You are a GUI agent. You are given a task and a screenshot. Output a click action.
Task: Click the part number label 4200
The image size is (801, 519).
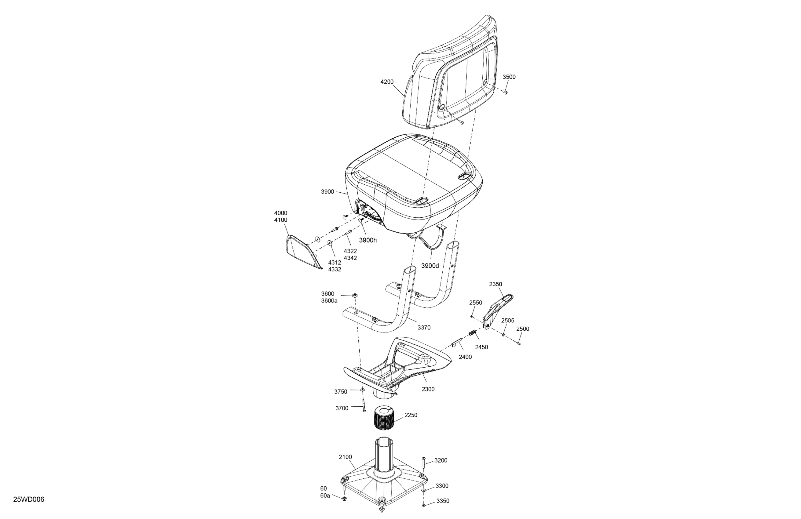(x=387, y=82)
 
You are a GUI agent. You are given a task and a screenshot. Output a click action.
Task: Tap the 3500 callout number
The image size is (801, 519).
(x=509, y=77)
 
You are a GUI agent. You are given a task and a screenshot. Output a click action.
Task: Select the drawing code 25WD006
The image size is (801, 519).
(x=29, y=499)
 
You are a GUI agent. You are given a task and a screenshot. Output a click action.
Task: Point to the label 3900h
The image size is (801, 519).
(x=368, y=240)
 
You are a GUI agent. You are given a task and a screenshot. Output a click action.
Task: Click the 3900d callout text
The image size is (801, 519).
(x=430, y=266)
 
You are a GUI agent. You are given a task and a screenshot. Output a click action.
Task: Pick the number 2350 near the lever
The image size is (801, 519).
(x=496, y=284)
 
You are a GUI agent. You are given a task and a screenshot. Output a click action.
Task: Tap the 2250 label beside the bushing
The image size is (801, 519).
(x=411, y=415)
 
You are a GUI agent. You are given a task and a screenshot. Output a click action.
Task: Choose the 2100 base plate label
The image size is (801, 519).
(x=345, y=457)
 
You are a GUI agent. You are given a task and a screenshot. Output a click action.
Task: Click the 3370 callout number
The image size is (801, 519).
(x=424, y=328)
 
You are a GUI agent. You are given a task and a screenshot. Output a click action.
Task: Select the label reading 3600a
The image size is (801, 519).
(x=329, y=301)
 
